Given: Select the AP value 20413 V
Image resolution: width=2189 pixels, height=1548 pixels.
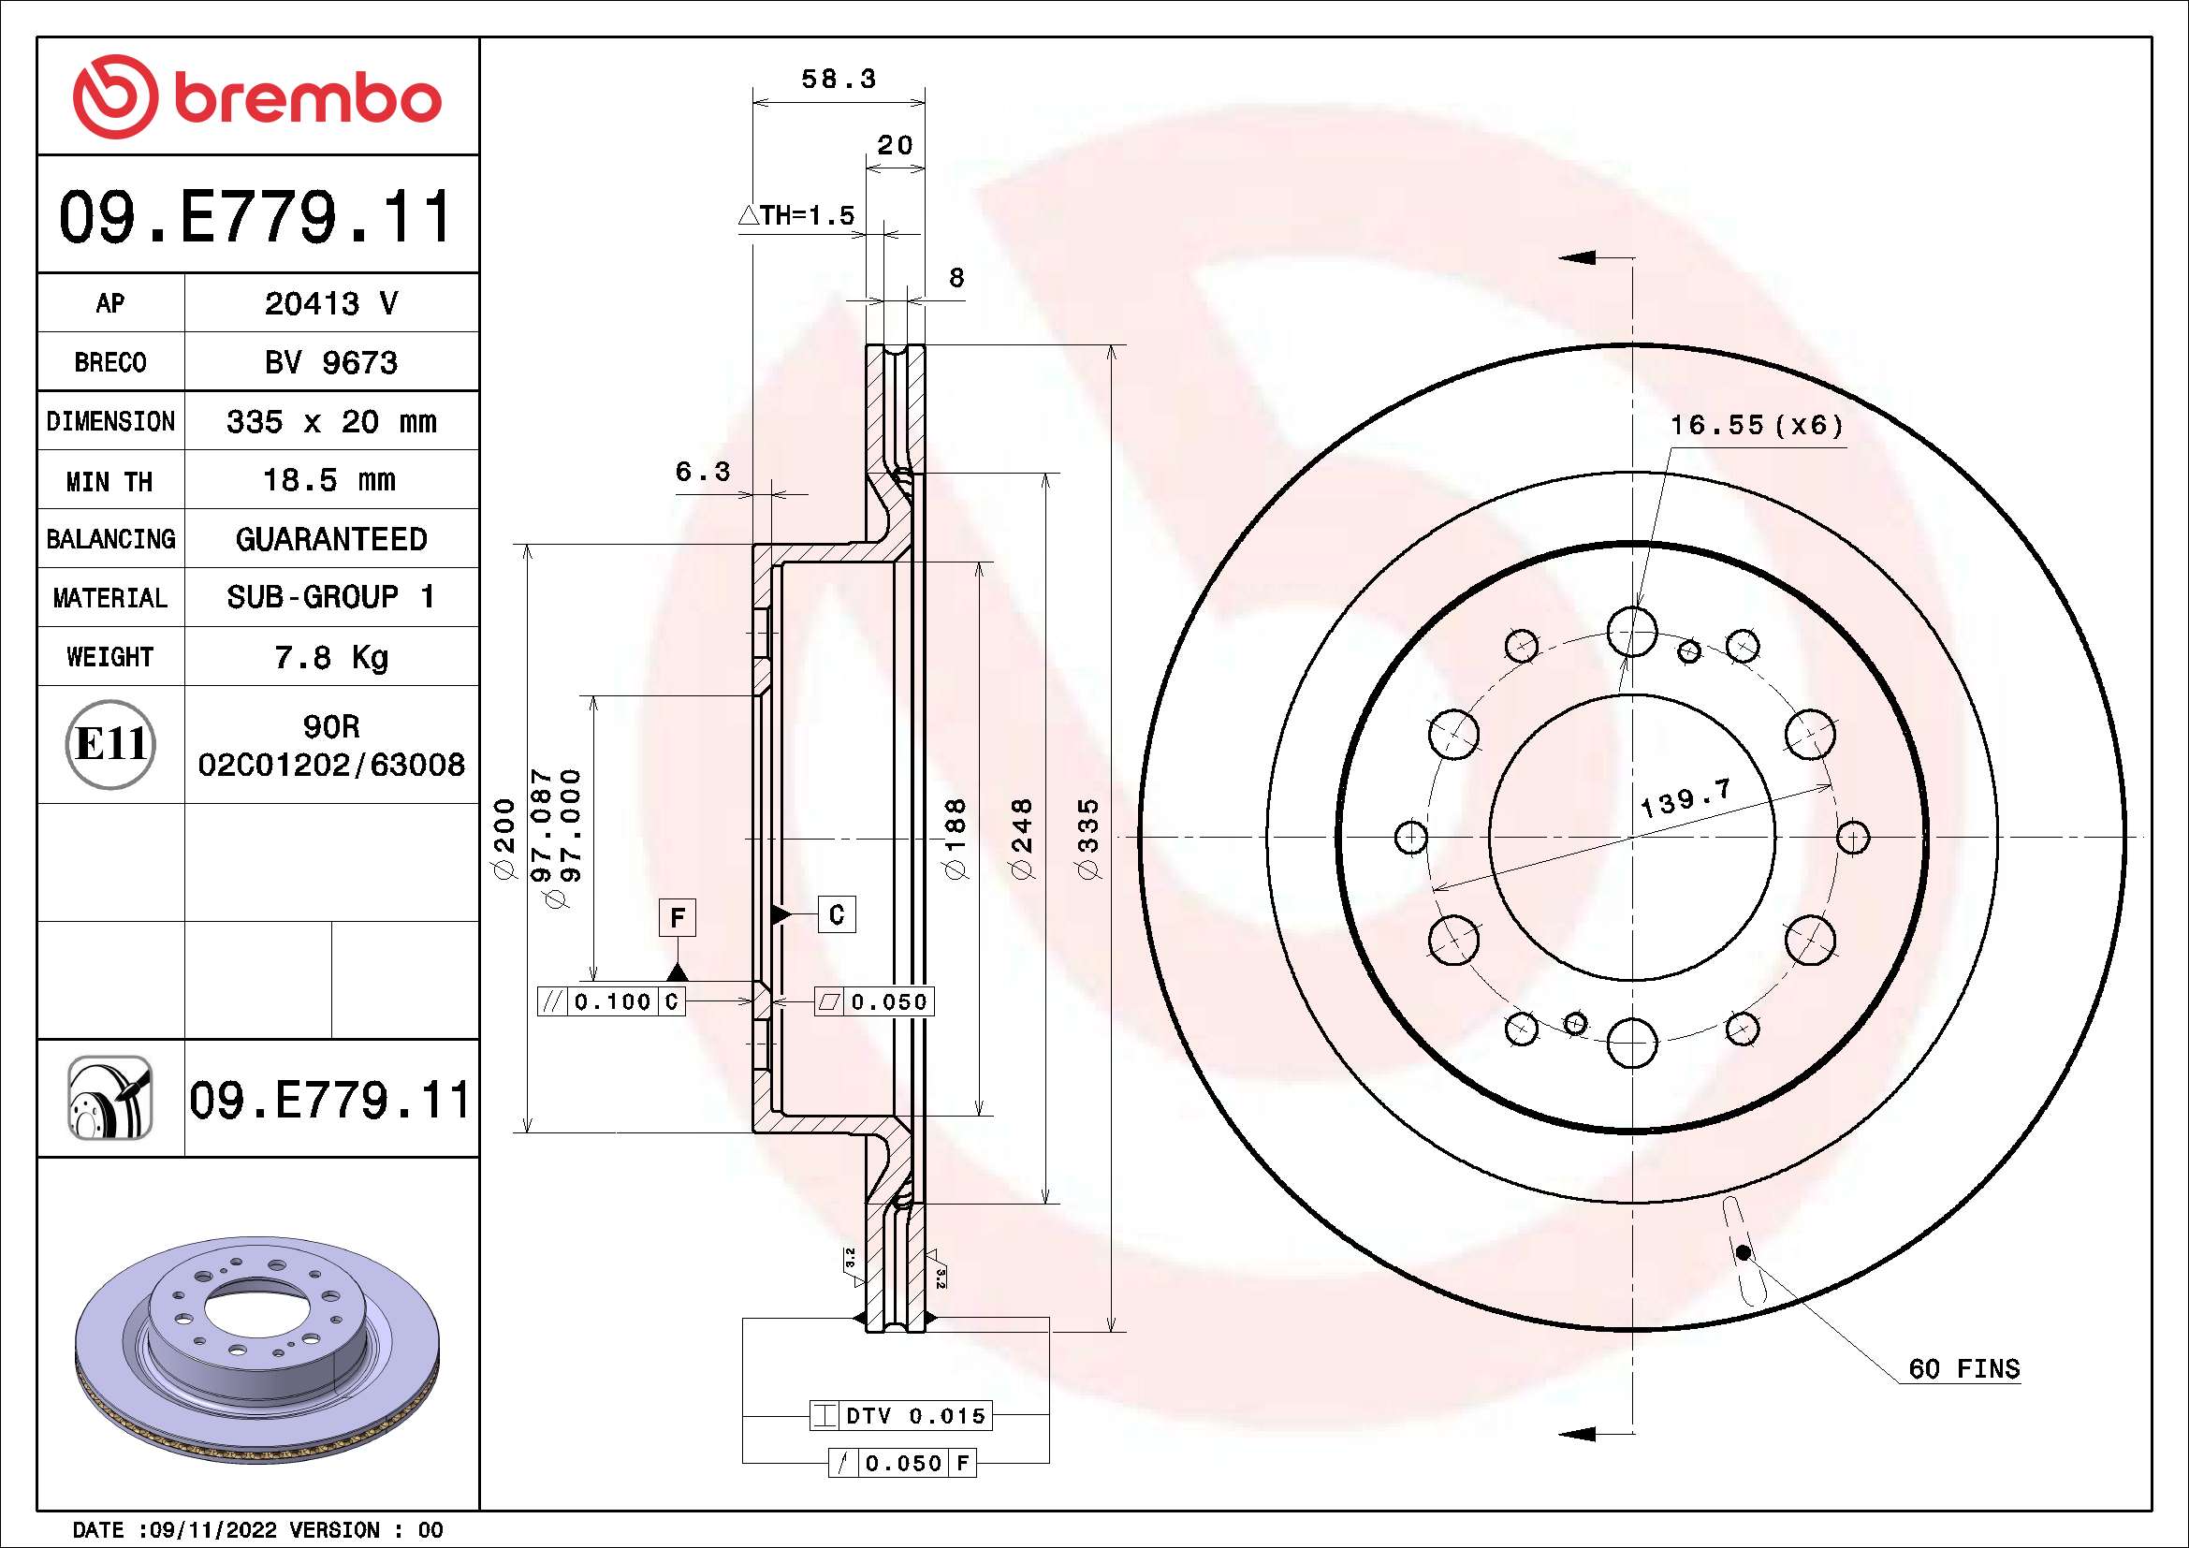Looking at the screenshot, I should (330, 303).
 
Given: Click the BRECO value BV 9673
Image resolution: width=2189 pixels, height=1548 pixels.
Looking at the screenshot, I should (330, 362).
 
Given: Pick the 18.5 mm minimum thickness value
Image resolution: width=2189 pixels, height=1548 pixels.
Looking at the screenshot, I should (328, 479).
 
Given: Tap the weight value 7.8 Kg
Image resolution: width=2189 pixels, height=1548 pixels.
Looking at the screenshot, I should (330, 657).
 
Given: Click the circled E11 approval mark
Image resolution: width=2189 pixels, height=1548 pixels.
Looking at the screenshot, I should (110, 744).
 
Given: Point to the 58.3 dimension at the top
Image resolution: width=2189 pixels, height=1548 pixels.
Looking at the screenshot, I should (838, 80).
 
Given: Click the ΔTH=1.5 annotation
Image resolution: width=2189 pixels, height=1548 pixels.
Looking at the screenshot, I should (797, 215).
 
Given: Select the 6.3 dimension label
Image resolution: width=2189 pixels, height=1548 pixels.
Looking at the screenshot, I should (702, 471).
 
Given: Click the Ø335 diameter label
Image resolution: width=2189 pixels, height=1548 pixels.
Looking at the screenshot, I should (1088, 839).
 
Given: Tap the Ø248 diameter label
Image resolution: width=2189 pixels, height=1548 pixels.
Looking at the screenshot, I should (1021, 839).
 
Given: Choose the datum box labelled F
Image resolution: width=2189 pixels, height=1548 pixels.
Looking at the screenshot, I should (677, 918).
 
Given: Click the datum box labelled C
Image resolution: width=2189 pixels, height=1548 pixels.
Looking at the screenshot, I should (836, 915).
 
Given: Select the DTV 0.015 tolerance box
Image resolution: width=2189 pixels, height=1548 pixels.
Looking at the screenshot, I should (901, 1415).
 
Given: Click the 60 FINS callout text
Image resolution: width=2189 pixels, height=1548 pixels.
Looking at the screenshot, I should (1963, 1369).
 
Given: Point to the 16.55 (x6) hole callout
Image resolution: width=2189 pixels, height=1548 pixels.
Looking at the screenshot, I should (1756, 425).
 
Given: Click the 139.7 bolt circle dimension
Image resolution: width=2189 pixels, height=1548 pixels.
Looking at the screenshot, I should (1685, 797).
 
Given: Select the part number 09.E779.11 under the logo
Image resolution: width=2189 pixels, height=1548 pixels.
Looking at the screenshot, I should (255, 216).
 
